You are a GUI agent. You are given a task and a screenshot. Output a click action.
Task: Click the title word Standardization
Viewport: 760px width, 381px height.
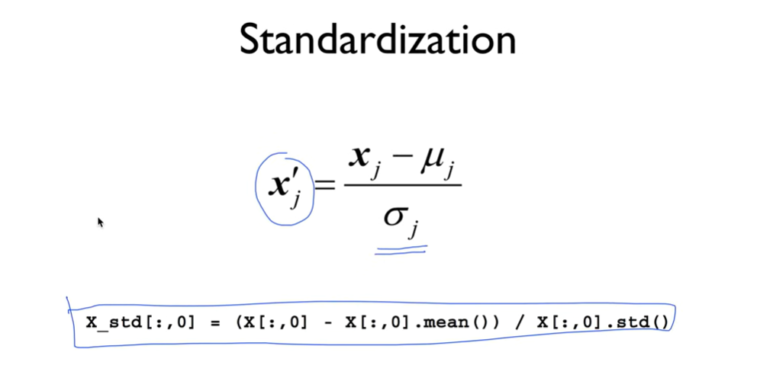(x=378, y=40)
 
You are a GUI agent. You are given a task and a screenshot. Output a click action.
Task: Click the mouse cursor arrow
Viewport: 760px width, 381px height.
(x=100, y=222)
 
